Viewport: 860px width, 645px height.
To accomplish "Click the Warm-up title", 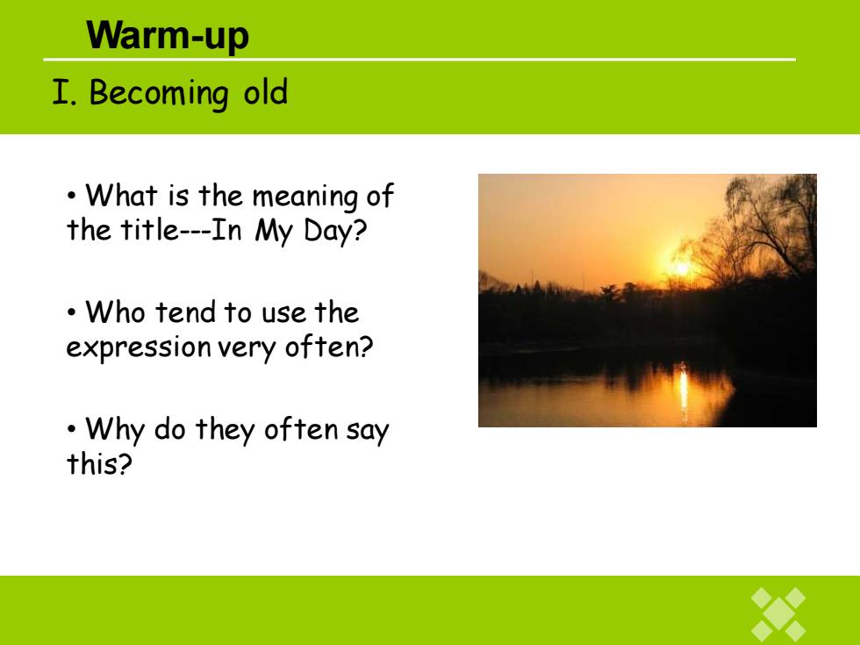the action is point(168,36).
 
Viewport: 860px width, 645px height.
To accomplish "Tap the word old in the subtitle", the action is point(265,91).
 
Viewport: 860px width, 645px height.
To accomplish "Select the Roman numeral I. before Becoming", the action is point(64,92).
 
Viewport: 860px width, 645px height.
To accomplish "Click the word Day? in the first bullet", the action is point(334,231).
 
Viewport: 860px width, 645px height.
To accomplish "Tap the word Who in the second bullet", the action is point(115,312).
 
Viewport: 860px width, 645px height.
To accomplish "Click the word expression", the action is point(139,348).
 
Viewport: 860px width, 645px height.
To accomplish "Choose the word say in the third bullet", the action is point(368,431).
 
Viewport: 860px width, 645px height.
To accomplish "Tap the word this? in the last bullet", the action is point(99,463).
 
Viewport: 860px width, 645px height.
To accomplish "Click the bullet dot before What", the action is point(71,196).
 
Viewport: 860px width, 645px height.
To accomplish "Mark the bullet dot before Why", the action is point(71,429).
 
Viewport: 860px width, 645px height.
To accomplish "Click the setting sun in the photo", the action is point(682,269).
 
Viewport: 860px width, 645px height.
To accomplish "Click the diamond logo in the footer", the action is point(778,613).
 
